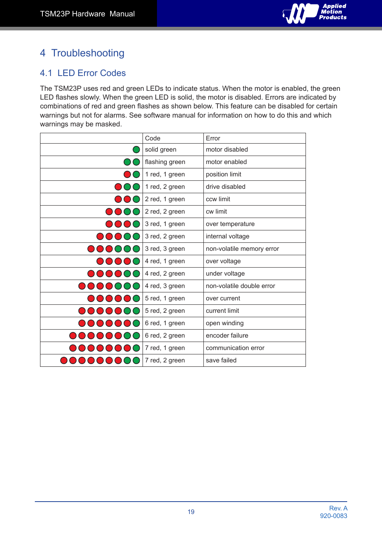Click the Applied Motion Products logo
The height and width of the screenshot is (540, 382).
point(315,13)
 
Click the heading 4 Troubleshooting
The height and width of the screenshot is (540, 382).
point(82,53)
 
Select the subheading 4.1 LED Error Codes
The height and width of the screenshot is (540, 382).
point(83,73)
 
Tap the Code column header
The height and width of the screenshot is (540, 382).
point(153,138)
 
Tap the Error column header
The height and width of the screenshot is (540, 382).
point(213,138)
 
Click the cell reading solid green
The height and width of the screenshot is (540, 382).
point(161,150)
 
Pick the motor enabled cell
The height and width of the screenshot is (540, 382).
point(226,162)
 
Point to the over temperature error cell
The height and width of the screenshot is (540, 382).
point(230,224)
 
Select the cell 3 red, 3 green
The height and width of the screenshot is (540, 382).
point(165,249)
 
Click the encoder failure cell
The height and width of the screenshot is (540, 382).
point(227,336)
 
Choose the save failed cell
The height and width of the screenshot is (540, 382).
point(221,360)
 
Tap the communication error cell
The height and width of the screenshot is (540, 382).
point(235,348)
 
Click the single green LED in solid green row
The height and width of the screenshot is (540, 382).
point(136,150)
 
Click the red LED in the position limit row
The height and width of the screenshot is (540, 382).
point(127,174)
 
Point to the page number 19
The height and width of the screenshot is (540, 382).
point(191,512)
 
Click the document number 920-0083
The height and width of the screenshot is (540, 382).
point(334,516)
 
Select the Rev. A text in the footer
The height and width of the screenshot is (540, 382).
point(338,508)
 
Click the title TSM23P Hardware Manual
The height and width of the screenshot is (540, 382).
point(87,14)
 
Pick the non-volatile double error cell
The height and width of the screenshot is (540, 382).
point(240,286)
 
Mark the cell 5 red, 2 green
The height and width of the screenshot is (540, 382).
point(165,311)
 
